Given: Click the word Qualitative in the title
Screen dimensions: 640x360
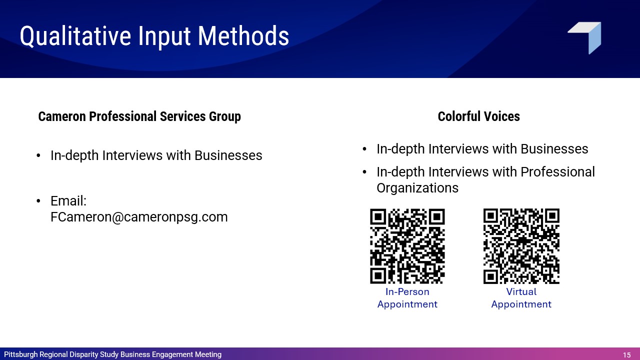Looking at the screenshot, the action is pos(75,36).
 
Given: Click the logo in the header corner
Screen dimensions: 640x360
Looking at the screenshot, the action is pos(584,38).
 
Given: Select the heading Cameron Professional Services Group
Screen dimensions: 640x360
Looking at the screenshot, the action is pos(139,116).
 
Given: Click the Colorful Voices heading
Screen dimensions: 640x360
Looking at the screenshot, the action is pos(478,116).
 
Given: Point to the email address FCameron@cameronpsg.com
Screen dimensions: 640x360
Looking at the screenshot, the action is pos(139,217).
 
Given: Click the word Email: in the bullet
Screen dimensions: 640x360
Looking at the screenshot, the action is pos(68,201).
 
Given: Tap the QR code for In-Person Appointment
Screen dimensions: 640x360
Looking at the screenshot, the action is pos(407,246).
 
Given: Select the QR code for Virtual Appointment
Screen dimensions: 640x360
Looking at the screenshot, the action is pos(521,246).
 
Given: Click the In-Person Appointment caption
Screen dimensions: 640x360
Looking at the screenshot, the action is pos(407,298).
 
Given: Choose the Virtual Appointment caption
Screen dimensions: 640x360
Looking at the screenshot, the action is pos(521,298).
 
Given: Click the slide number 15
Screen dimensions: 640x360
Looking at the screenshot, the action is pos(627,355).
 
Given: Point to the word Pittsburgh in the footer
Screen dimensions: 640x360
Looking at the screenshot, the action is pos(21,354).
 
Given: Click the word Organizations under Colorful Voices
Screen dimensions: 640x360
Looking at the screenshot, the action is pos(417,188).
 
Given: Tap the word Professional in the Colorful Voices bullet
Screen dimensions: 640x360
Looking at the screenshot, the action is pos(557,172).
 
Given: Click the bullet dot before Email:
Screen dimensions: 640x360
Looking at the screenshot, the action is pos(38,201).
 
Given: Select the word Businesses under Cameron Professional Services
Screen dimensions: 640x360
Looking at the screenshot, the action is pos(228,155).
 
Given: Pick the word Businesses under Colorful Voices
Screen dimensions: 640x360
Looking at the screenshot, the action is pos(554,149).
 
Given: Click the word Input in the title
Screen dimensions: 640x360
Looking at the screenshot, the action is pos(164,37).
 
